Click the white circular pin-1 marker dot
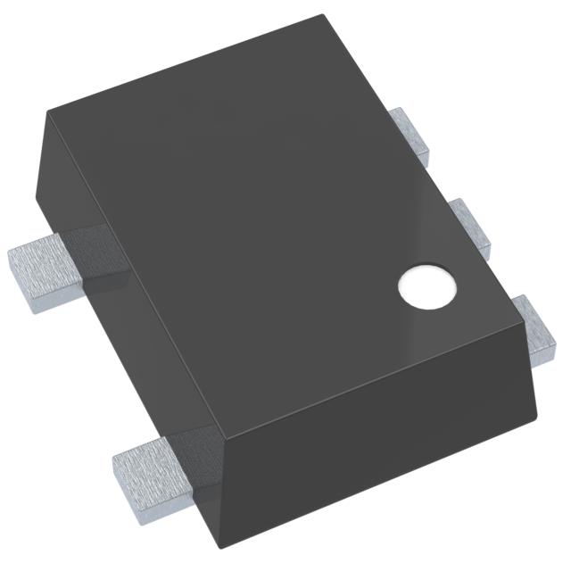click(426, 286)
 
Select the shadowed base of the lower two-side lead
click(192, 455)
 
